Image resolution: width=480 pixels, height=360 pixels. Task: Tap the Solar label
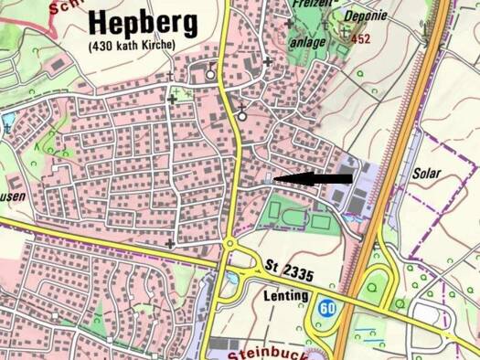pyautogui.click(x=427, y=173)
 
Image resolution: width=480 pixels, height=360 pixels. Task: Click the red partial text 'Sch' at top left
pyautogui.click(x=62, y=5)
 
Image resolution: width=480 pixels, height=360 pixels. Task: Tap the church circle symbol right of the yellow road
pyautogui.click(x=241, y=112)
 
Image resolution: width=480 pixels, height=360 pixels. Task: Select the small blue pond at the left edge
pyautogui.click(x=6, y=120)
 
